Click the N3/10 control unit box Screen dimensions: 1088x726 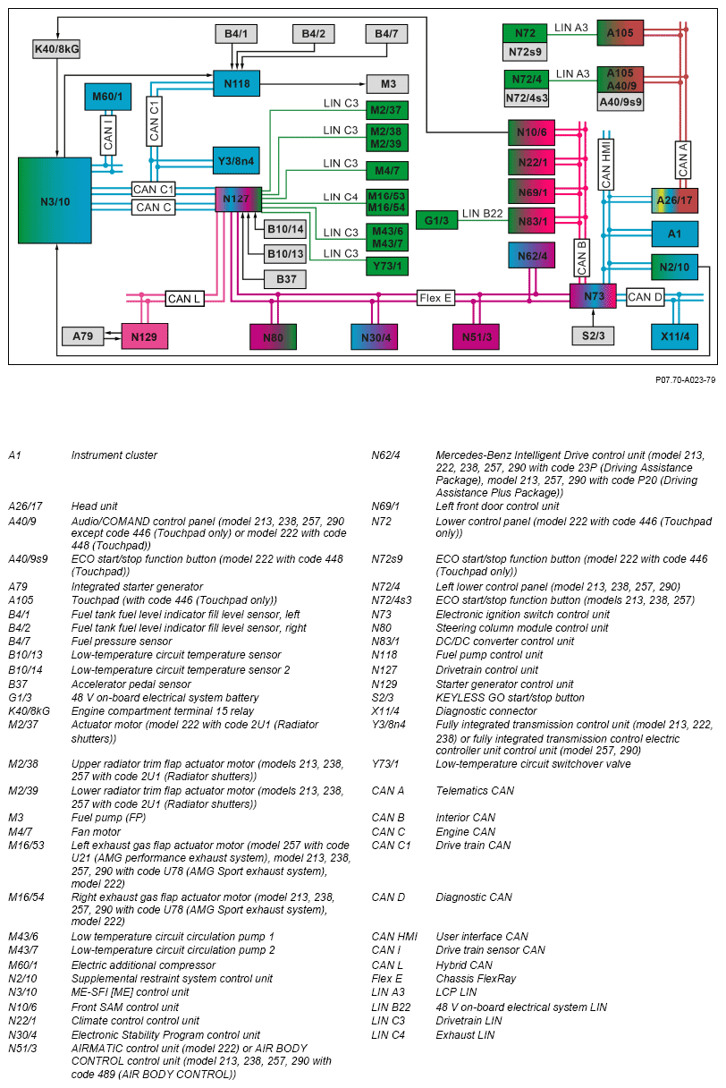pyautogui.click(x=55, y=200)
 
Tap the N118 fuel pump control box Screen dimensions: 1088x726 pyautogui.click(x=237, y=83)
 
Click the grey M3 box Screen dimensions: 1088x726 pyautogui.click(x=387, y=83)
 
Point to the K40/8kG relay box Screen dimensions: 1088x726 pyautogui.click(x=55, y=48)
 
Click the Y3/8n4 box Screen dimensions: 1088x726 pyautogui.click(x=236, y=160)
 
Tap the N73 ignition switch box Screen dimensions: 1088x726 pyautogui.click(x=593, y=296)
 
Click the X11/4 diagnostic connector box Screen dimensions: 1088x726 pyautogui.click(x=674, y=336)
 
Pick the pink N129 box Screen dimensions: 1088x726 pyautogui.click(x=144, y=336)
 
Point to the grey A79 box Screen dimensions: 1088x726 pyautogui.click(x=83, y=336)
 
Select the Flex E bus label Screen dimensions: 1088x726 pyautogui.click(x=435, y=298)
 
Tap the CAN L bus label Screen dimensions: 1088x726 pyautogui.click(x=184, y=298)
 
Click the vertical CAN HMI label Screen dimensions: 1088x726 pyautogui.click(x=605, y=164)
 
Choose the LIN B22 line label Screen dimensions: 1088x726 pyautogui.click(x=483, y=215)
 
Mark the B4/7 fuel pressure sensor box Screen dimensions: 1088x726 pyautogui.click(x=386, y=34)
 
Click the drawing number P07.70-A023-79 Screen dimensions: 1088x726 pyautogui.click(x=685, y=380)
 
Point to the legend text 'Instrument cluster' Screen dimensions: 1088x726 pyautogui.click(x=114, y=455)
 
